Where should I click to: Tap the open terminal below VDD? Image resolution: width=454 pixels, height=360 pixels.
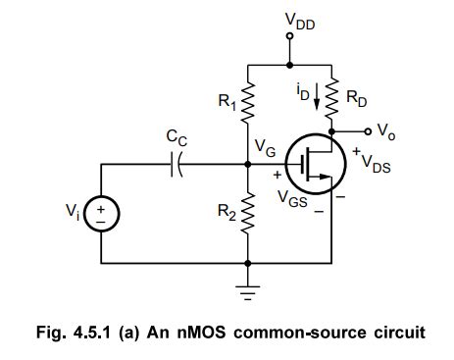pos(288,37)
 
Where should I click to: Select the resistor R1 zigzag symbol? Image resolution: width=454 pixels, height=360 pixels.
pos(249,98)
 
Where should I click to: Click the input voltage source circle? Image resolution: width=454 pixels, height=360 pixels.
pos(100,215)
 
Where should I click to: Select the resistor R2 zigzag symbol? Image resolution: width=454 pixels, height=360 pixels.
pos(249,211)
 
